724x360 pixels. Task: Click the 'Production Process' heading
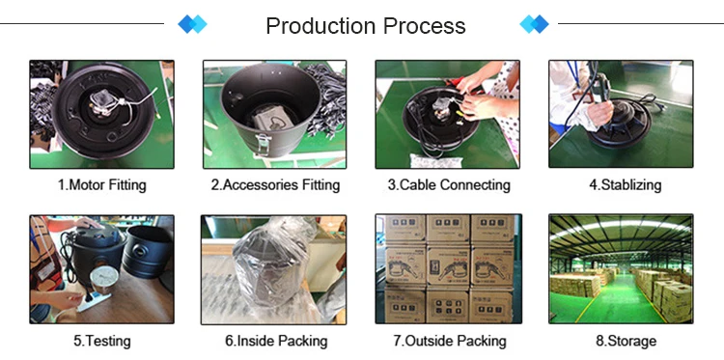[x=365, y=25]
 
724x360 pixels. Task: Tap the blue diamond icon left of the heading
[x=193, y=24]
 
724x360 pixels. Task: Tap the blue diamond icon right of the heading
[x=534, y=24]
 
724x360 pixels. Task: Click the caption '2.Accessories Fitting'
[x=275, y=184]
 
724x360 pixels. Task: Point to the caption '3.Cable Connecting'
[x=449, y=184]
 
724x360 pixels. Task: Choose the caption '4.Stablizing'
[x=621, y=184]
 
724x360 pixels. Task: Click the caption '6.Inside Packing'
[x=275, y=341]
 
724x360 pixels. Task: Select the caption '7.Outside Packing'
[x=449, y=341]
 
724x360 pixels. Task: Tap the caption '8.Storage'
[x=621, y=341]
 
